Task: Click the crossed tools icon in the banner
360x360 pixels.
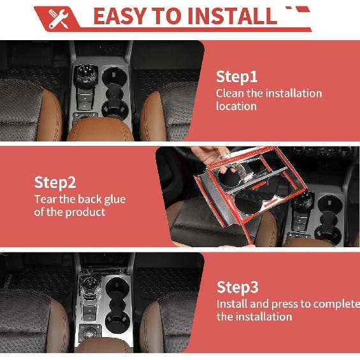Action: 59,19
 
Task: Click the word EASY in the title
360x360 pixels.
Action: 120,16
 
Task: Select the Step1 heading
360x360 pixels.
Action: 236,77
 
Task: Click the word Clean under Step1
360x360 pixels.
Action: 230,93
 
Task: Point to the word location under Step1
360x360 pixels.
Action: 236,106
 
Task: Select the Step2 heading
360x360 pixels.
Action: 55,183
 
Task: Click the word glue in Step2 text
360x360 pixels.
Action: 115,199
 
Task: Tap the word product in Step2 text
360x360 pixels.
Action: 85,212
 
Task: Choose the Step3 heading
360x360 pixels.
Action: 238,287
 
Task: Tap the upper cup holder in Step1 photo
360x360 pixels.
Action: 114,75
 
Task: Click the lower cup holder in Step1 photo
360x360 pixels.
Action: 115,109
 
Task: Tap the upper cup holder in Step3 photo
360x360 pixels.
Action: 117,285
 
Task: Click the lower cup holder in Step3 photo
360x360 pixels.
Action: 117,321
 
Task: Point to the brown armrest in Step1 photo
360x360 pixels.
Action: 100,129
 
